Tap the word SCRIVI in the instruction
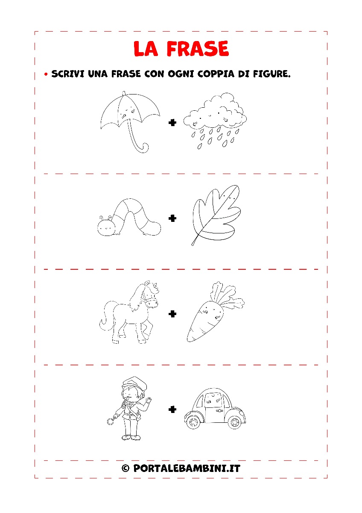68,74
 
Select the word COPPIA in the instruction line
216,74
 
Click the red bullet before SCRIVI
46,74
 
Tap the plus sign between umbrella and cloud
172,123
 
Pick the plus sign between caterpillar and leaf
172,218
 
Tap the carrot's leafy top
226,295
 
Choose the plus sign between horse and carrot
172,313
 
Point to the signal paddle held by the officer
111,421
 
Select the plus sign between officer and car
172,409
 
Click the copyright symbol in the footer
126,468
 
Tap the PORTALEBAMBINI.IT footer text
187,469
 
